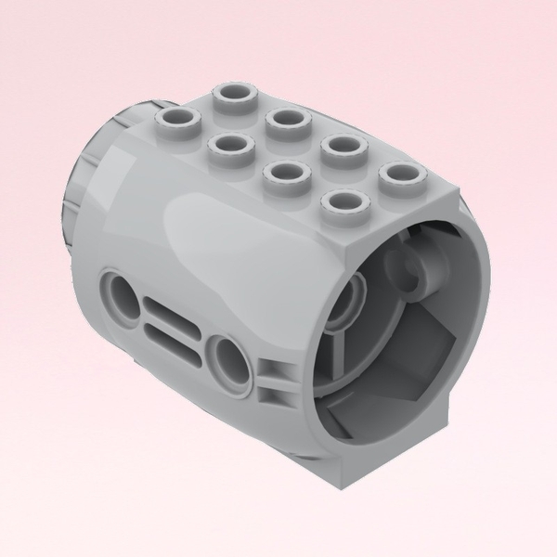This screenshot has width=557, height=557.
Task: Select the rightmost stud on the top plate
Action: coord(399,173)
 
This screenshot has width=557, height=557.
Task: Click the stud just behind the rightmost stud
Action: coord(343,146)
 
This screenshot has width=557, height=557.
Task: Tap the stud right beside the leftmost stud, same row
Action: coord(227,144)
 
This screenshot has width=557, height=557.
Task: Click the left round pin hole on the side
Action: coord(123,297)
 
